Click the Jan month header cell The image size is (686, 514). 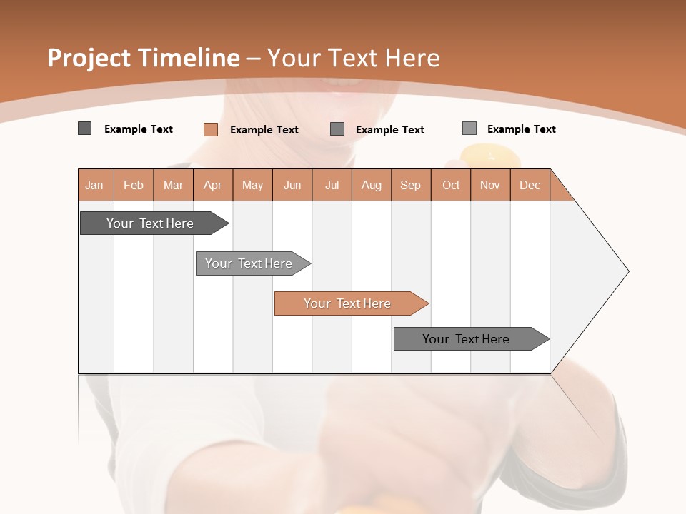point(95,185)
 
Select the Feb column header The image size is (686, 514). point(134,185)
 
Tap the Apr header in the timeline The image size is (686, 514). point(213,185)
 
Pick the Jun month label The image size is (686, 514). point(292,185)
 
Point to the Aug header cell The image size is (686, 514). point(372,185)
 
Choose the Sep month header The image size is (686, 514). point(411,185)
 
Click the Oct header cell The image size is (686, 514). point(451,185)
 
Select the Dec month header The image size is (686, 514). point(530,185)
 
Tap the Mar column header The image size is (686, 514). point(174,185)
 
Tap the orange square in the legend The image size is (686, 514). point(211,129)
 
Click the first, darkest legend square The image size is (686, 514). point(85,128)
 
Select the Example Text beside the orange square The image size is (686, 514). point(264,129)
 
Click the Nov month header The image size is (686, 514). point(490,185)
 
